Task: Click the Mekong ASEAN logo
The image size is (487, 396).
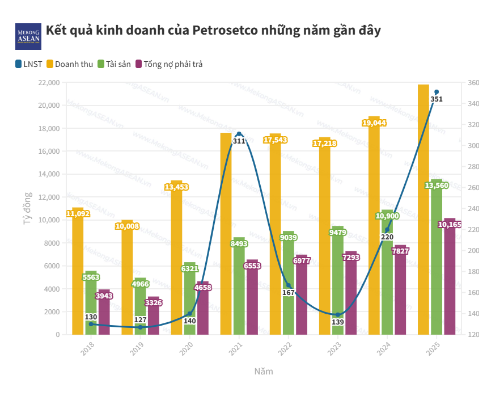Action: click(28, 36)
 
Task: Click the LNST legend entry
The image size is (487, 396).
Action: click(29, 64)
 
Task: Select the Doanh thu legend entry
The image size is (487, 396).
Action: click(69, 64)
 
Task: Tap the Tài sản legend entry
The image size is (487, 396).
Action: click(114, 64)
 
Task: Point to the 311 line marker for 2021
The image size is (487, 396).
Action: click(239, 134)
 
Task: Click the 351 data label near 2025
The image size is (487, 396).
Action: click(437, 99)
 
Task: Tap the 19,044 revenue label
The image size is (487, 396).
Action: click(374, 123)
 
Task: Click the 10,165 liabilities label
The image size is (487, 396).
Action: click(450, 225)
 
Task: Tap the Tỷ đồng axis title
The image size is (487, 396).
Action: click(27, 209)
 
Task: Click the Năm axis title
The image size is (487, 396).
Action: click(263, 372)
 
